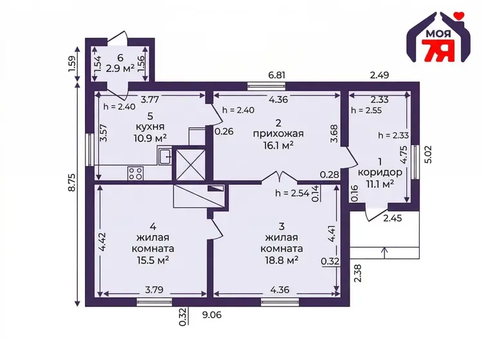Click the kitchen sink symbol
(165, 156)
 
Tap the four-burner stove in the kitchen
(135, 173)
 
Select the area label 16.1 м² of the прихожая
(278, 145)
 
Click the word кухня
(150, 127)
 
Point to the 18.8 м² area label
(281, 260)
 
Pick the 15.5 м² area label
(153, 260)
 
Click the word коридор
(380, 172)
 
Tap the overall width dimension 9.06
(212, 315)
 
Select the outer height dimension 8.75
(71, 183)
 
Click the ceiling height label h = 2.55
(366, 111)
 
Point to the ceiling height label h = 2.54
(292, 193)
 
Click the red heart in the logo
(460, 15)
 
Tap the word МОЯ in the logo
(438, 34)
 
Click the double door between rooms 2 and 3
(279, 177)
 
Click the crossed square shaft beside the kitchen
(190, 165)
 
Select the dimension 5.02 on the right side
(428, 155)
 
